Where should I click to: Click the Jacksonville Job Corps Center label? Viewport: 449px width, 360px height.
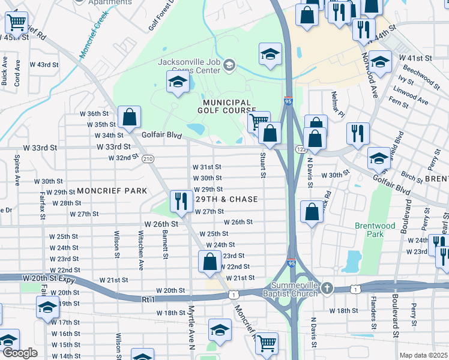point(189,65)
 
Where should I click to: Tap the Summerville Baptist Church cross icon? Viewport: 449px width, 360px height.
point(327,289)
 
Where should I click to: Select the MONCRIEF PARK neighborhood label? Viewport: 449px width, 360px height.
point(111,190)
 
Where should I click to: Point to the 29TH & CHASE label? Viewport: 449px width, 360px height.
point(225,199)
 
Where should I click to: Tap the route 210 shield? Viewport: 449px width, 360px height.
point(148,159)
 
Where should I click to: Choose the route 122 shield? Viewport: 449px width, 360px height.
point(300,149)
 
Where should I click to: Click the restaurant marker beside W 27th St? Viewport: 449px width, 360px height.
point(180,202)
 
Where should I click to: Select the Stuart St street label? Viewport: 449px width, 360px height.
point(263,165)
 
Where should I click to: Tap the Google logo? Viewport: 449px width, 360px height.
point(20,353)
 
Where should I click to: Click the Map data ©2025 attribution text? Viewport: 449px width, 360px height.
point(424,355)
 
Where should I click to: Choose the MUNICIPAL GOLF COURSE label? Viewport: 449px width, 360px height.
point(225,106)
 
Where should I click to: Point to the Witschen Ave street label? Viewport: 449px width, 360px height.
point(141,253)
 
